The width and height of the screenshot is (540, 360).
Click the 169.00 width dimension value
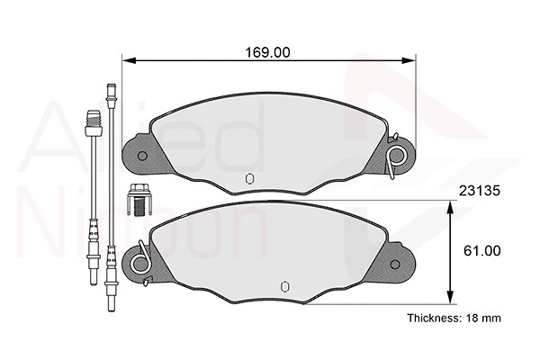(267, 52)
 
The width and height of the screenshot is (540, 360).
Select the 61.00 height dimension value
(481, 251)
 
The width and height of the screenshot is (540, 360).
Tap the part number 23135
(480, 191)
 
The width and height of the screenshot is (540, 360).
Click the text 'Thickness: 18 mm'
(454, 318)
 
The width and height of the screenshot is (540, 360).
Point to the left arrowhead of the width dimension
(130, 60)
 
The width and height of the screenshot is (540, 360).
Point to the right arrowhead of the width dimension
(409, 60)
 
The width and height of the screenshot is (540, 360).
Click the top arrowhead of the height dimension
(450, 208)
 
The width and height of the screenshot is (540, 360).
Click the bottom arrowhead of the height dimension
(450, 297)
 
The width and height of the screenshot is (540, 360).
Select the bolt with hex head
(139, 200)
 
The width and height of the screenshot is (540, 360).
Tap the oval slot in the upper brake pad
(249, 178)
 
